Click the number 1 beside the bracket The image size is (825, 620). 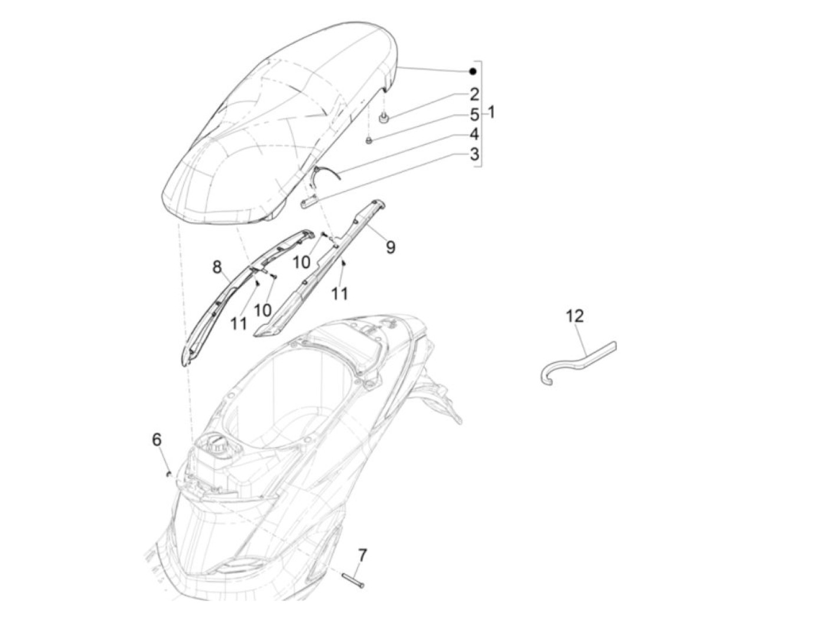pyautogui.click(x=491, y=112)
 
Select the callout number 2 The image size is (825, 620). pyautogui.click(x=474, y=94)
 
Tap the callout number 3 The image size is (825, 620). pyautogui.click(x=474, y=155)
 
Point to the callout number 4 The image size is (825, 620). pyautogui.click(x=474, y=135)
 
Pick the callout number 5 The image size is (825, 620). pyautogui.click(x=474, y=115)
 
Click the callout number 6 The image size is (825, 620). pyautogui.click(x=157, y=440)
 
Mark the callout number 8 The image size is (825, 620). pyautogui.click(x=217, y=268)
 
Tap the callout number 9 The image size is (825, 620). pyautogui.click(x=390, y=247)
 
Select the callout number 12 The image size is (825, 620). pyautogui.click(x=575, y=316)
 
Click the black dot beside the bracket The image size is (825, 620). pyautogui.click(x=472, y=72)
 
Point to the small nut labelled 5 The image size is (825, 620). pyautogui.click(x=368, y=140)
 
